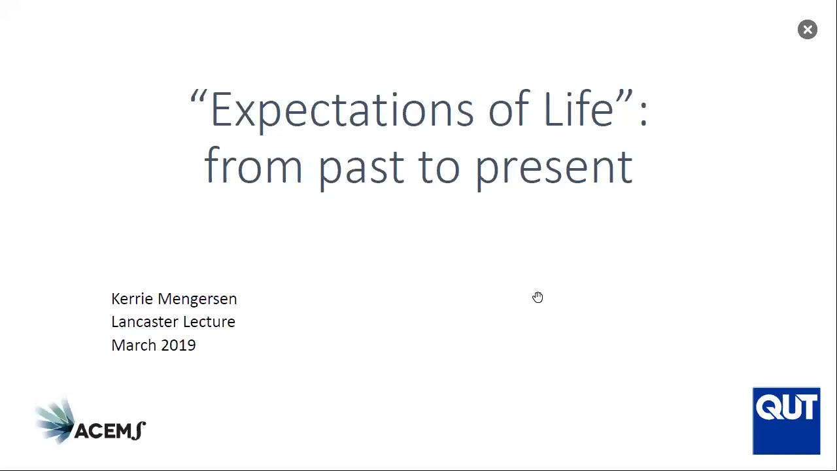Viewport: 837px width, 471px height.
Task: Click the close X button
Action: (x=808, y=29)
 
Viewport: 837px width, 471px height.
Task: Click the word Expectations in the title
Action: (x=342, y=111)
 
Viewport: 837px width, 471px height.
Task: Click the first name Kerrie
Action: (x=132, y=299)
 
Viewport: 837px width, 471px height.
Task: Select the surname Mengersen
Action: (x=197, y=300)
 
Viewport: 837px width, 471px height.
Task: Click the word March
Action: (x=134, y=345)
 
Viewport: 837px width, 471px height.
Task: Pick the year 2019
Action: (x=179, y=345)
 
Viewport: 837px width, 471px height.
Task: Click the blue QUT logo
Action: (x=787, y=421)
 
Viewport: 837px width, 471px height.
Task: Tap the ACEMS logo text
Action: (x=110, y=431)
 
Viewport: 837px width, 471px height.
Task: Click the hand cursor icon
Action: (x=538, y=298)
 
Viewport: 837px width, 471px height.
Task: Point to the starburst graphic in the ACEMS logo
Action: (x=55, y=421)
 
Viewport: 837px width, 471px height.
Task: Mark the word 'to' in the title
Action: (x=439, y=168)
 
